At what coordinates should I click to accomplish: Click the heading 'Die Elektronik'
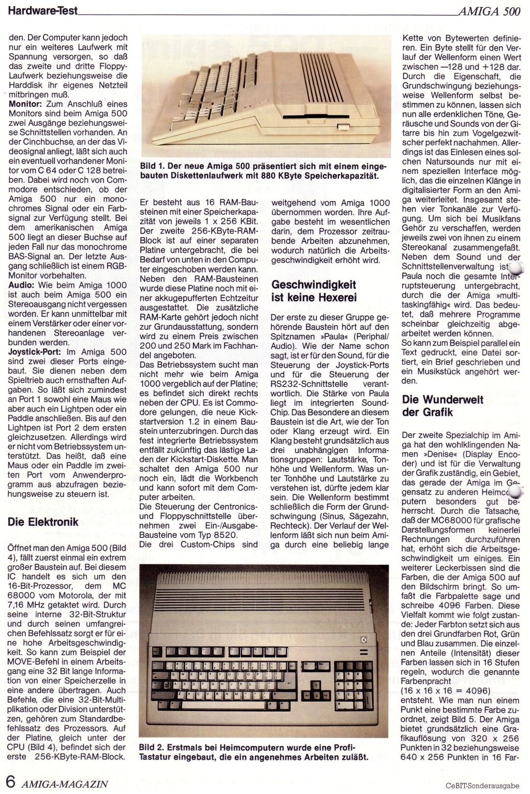pyautogui.click(x=43, y=522)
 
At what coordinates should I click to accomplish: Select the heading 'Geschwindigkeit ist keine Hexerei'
pyautogui.click(x=314, y=291)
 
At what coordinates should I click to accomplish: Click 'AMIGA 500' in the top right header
pyautogui.click(x=489, y=11)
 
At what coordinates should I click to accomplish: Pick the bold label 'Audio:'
pyautogui.click(x=22, y=285)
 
